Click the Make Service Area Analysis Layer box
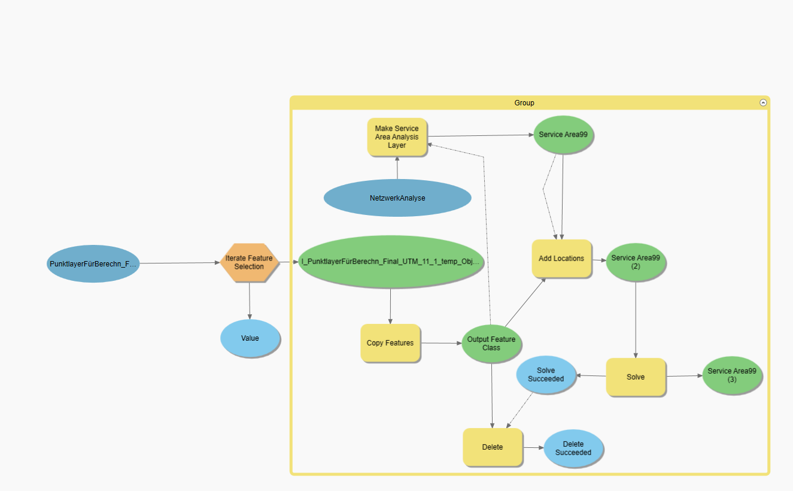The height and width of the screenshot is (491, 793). tap(397, 137)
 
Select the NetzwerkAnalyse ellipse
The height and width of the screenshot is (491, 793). tap(397, 198)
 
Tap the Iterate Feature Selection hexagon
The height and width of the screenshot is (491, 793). tap(249, 262)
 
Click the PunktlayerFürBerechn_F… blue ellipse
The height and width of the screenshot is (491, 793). tap(93, 263)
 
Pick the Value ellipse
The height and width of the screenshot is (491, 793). tap(250, 338)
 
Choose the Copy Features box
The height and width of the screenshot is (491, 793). tap(390, 343)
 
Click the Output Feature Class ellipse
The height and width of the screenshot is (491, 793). tap(491, 344)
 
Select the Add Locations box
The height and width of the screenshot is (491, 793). tap(561, 259)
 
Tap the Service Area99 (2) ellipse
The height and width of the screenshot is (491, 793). tap(636, 262)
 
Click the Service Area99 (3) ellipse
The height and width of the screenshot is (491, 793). tap(731, 375)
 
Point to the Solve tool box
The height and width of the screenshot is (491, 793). tap(636, 377)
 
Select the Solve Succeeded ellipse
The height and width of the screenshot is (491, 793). tap(546, 375)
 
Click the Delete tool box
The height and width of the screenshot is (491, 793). tap(493, 447)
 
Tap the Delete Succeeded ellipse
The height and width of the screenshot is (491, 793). tap(573, 448)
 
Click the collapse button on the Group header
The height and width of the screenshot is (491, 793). tap(763, 103)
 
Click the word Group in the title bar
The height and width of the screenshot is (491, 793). tap(524, 103)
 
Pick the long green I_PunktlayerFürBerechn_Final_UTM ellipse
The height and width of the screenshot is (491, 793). tap(390, 262)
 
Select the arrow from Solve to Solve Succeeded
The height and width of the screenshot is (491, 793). tap(591, 376)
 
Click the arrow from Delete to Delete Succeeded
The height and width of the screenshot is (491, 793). tap(533, 447)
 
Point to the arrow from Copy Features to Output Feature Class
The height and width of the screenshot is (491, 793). tap(441, 343)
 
